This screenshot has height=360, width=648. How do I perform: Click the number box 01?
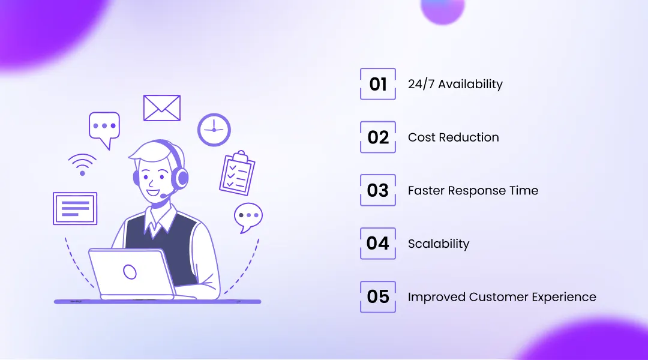(378, 84)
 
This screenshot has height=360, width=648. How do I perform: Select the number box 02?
(378, 137)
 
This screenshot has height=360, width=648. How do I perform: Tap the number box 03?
(378, 190)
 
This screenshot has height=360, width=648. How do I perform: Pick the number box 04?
(378, 243)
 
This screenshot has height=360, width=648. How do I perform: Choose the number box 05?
(378, 296)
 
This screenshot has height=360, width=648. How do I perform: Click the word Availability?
(470, 85)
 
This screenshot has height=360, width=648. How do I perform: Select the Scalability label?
(439, 244)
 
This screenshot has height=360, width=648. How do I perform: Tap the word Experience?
(565, 297)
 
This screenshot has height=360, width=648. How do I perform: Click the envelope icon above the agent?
(162, 108)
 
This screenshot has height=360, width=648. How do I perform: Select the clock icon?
(214, 130)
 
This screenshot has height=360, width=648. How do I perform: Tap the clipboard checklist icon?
(237, 173)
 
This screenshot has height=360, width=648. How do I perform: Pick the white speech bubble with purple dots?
(104, 128)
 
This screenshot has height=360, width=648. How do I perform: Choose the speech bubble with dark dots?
(248, 216)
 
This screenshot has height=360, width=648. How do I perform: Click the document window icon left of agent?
(75, 208)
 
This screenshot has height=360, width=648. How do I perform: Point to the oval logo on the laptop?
(130, 272)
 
